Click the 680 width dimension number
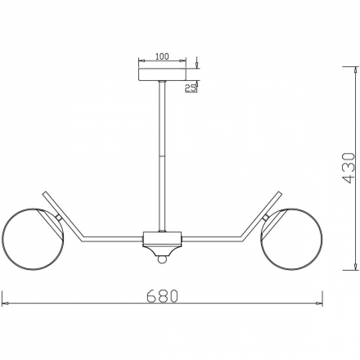[162, 296]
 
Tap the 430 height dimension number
[349, 168]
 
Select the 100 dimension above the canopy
[162, 56]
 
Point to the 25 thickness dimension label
[190, 88]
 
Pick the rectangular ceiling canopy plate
[162, 74]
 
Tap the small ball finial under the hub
[162, 259]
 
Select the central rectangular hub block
[162, 239]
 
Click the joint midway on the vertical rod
[162, 156]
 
